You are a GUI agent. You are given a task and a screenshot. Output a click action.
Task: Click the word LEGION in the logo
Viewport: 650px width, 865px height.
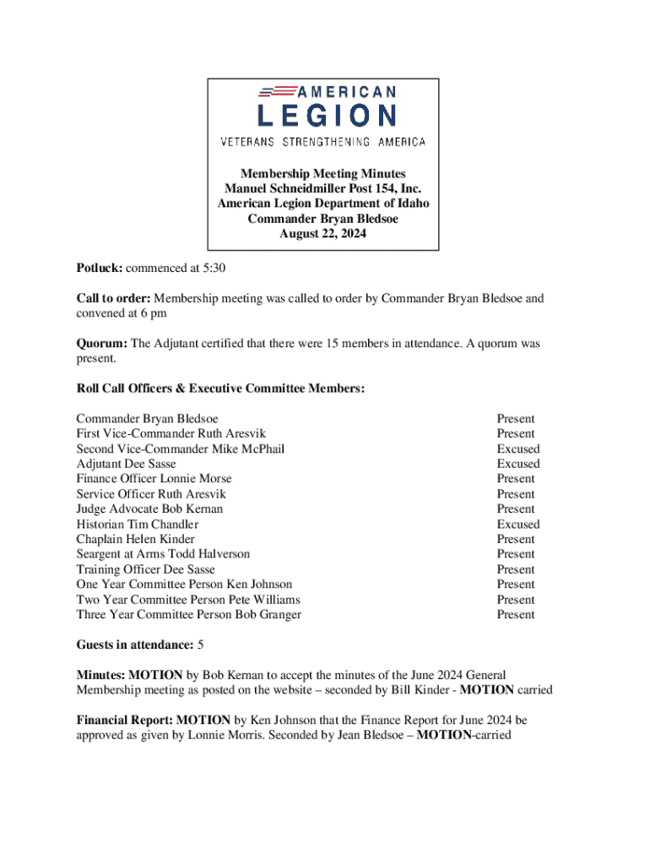click(x=325, y=116)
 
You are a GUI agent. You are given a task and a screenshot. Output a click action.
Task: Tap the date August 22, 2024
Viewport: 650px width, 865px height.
click(x=323, y=234)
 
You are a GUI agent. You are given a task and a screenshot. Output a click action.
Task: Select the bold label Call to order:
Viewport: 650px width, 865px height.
click(x=113, y=298)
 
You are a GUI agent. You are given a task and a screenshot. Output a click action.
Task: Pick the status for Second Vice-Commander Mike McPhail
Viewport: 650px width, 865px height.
click(x=518, y=449)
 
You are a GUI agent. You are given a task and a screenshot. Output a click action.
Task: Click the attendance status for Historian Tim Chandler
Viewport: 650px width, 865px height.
click(x=518, y=524)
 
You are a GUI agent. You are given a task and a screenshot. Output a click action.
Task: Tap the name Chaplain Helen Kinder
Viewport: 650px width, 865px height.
click(x=135, y=539)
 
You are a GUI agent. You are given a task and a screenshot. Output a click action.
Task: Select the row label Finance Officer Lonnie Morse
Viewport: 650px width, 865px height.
click(x=154, y=478)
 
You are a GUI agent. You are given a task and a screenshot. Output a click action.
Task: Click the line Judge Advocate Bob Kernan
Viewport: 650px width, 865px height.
click(x=149, y=509)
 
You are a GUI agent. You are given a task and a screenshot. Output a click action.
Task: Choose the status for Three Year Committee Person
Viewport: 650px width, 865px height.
click(x=516, y=614)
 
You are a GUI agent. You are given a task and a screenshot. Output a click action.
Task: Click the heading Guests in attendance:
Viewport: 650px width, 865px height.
click(x=134, y=645)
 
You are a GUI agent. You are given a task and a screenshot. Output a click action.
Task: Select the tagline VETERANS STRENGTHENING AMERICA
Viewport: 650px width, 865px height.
click(x=323, y=142)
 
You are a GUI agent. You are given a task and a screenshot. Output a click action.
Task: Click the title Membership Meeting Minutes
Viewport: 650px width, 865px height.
click(x=323, y=173)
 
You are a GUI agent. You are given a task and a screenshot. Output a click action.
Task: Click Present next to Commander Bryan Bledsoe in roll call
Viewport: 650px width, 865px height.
click(x=516, y=418)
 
